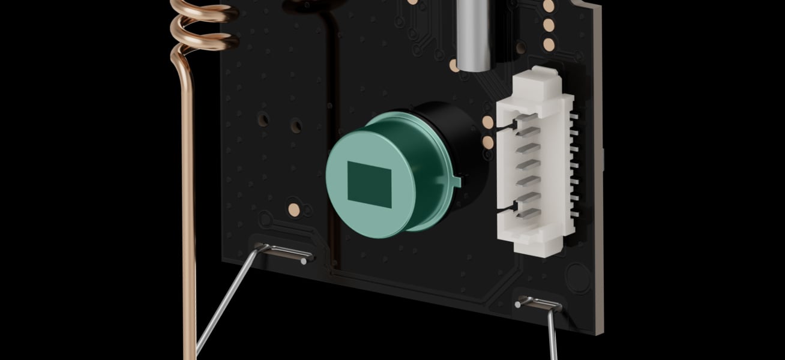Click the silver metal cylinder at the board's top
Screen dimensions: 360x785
474,33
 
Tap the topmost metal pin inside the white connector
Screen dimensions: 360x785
527,128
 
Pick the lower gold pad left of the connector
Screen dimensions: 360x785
488,142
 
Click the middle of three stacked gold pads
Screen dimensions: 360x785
548,25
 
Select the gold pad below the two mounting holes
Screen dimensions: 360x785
294,209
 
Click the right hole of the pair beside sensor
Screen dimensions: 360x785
296,126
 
